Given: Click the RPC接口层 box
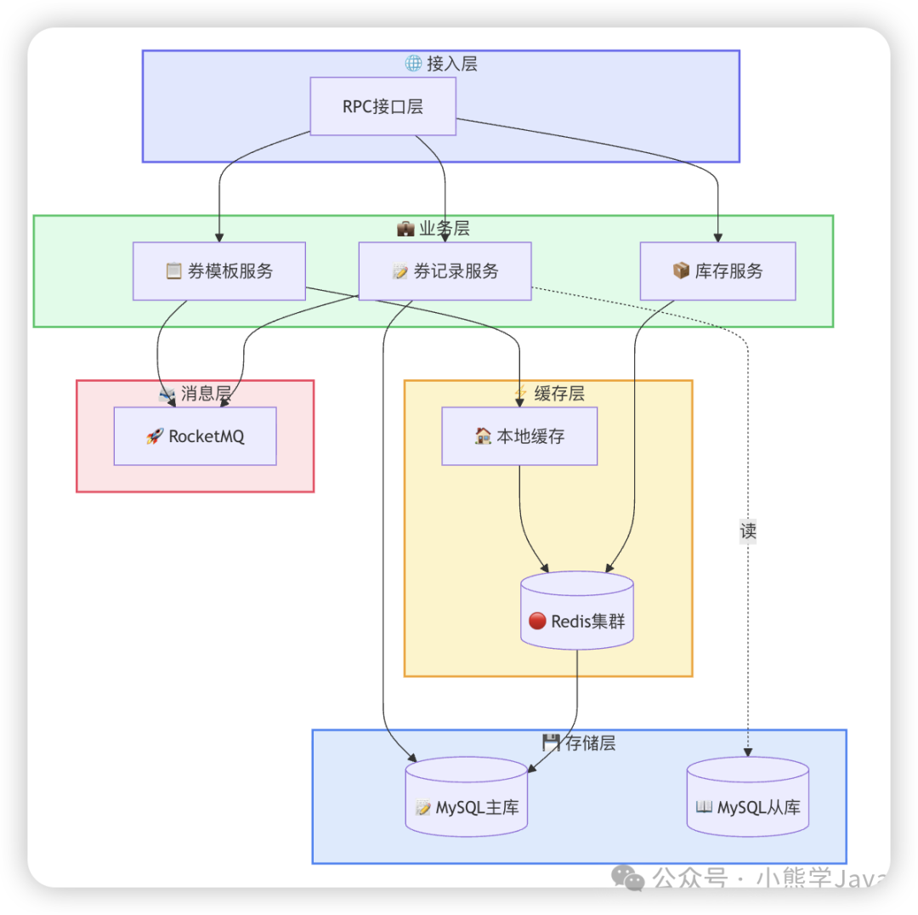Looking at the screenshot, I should tap(382, 106).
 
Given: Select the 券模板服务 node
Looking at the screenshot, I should tap(218, 271).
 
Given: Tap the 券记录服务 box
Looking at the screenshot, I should tap(445, 271).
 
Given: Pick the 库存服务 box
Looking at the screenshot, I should tap(717, 271).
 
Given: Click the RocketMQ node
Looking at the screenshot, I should tap(195, 436).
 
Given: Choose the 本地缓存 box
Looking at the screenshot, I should tap(519, 436).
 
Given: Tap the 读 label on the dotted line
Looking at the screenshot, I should tap(748, 531).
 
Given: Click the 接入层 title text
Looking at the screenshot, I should tap(452, 64).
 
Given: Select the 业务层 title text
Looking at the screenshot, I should tap(445, 229).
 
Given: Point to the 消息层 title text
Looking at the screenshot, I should tap(207, 394).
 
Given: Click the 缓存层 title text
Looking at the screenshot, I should tap(559, 394).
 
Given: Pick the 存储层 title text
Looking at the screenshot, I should tap(590, 743).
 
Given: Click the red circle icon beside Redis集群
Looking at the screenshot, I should tap(537, 621).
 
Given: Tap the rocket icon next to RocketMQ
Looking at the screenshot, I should tap(155, 436).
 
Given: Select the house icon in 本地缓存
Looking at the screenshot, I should tap(483, 436).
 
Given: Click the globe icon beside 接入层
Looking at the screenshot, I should tap(413, 64).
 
